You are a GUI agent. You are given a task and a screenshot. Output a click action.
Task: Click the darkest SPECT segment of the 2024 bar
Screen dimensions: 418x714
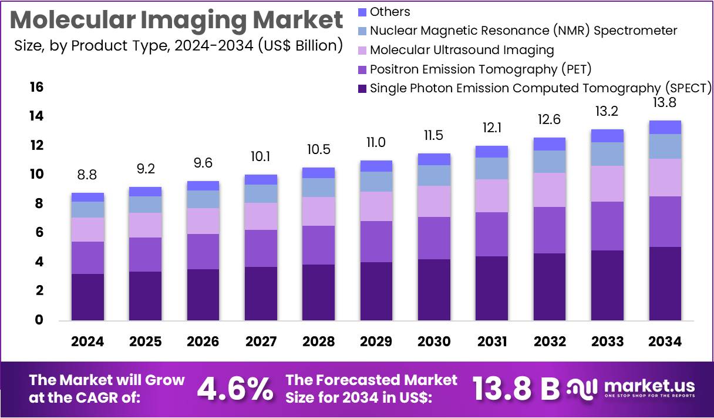(x=87, y=297)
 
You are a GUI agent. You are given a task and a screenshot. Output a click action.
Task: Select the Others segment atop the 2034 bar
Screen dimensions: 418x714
(x=665, y=127)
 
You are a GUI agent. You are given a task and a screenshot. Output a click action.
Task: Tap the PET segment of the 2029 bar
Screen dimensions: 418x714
(x=376, y=242)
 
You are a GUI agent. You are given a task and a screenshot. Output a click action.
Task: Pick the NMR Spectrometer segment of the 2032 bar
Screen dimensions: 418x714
(x=549, y=162)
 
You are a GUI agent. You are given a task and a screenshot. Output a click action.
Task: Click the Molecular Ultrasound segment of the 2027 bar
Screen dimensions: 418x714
(x=260, y=216)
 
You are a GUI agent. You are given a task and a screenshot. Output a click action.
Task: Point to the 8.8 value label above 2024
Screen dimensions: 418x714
(x=87, y=174)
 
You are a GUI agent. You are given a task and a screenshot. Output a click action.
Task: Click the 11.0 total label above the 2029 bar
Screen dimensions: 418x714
(x=376, y=142)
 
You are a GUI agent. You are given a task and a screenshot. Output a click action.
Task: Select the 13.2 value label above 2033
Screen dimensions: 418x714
(x=607, y=111)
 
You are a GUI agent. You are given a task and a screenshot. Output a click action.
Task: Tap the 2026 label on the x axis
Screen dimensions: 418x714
(x=203, y=342)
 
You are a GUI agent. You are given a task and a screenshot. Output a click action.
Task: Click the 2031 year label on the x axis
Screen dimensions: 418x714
(x=491, y=342)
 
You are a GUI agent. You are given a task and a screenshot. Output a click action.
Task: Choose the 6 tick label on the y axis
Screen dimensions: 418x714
(x=39, y=233)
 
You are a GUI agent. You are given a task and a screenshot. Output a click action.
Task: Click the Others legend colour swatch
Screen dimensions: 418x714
(x=362, y=12)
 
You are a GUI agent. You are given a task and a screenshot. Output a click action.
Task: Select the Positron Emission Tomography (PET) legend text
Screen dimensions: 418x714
(x=480, y=69)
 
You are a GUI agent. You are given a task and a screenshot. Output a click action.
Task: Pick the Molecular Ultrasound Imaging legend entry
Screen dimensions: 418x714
(x=462, y=50)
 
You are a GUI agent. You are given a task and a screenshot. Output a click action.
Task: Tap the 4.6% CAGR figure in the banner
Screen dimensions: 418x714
(x=234, y=388)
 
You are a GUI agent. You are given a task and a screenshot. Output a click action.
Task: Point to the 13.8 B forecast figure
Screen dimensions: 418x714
(x=516, y=388)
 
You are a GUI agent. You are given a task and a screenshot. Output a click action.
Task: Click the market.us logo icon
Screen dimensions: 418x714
(x=582, y=387)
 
